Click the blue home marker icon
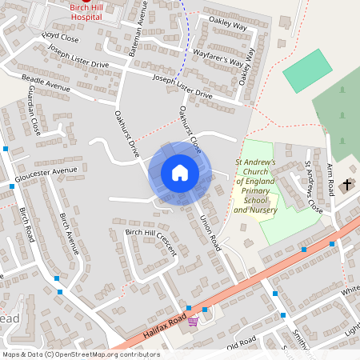[x=179, y=173]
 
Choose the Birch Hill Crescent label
[x=150, y=242]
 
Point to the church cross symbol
[x=347, y=186]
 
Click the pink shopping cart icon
[x=193, y=322]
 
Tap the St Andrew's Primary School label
[x=255, y=186]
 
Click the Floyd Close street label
[x=61, y=37]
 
